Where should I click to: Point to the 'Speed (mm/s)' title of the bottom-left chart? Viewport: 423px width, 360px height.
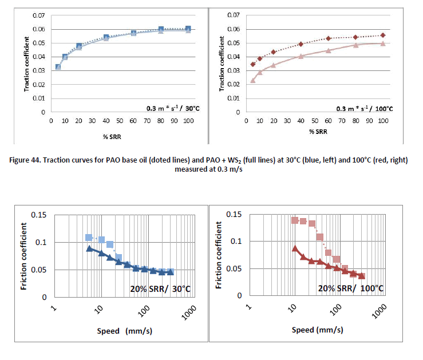click(x=120, y=330)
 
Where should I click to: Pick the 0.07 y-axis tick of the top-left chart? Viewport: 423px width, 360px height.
click(x=39, y=15)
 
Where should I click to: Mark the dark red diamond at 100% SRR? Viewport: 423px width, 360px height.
click(x=383, y=35)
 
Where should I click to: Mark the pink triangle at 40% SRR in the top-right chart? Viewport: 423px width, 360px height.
click(x=301, y=56)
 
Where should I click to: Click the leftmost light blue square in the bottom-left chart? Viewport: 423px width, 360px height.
click(x=89, y=238)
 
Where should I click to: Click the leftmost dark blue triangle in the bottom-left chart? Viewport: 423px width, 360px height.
click(x=89, y=248)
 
